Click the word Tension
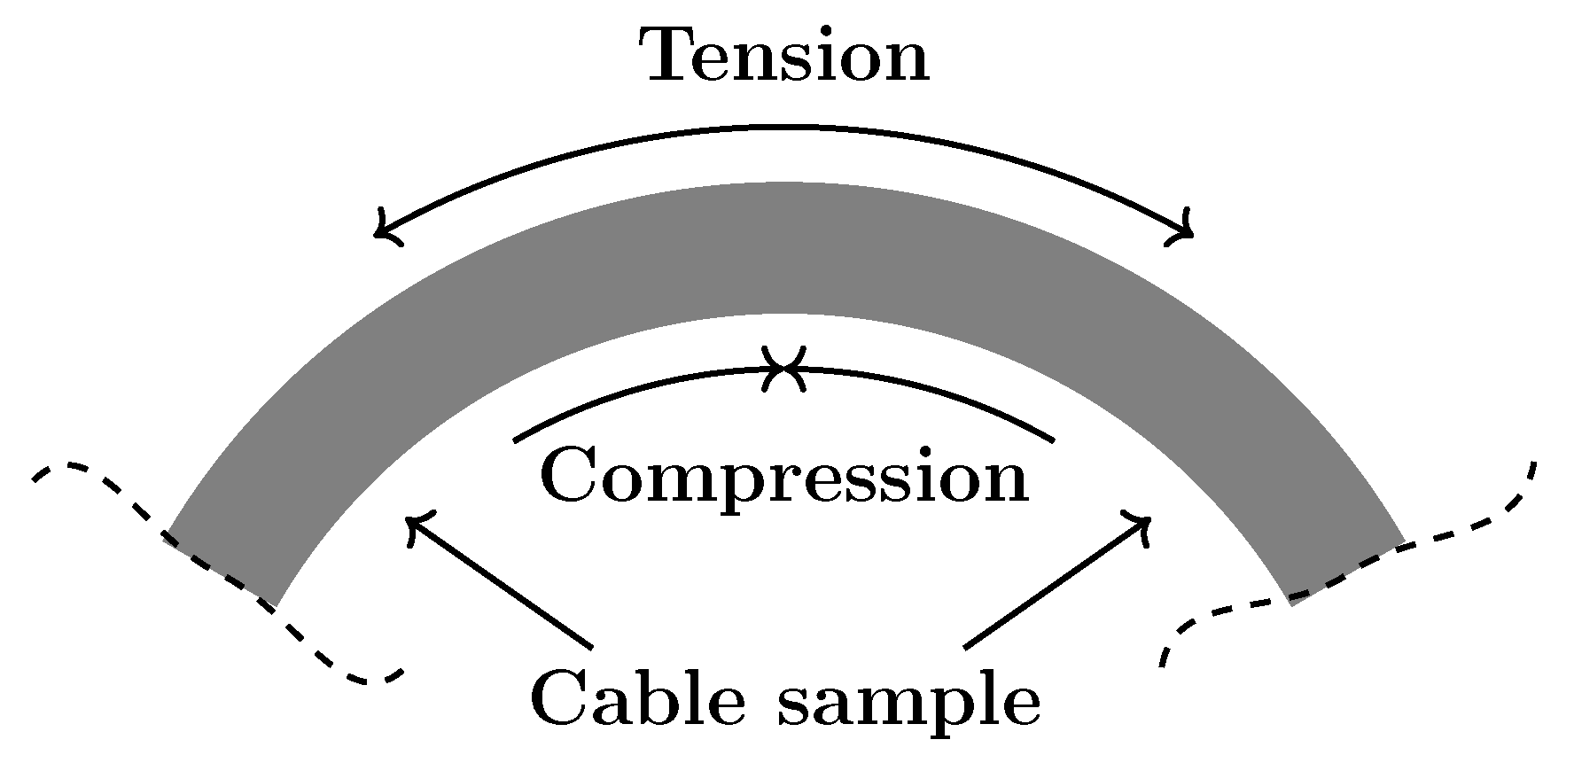(x=785, y=56)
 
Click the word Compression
(x=783, y=476)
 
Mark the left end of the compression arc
(x=517, y=439)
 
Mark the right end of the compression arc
(x=1053, y=439)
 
